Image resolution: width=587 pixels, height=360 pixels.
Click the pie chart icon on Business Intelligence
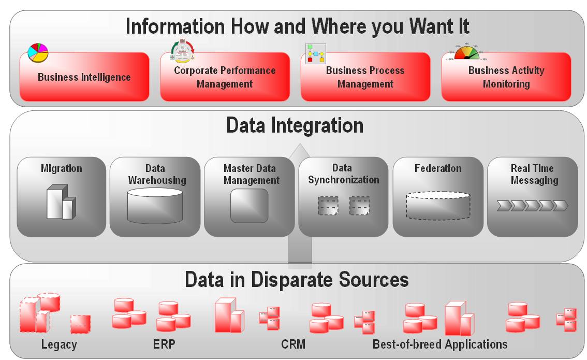37,53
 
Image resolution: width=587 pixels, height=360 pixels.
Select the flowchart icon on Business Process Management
315,53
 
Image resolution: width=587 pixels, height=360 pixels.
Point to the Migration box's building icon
61,203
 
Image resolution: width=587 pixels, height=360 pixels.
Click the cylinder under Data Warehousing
155,206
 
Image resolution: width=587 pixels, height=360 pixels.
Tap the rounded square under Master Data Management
249,206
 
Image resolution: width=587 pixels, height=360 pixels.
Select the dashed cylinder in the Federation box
437,206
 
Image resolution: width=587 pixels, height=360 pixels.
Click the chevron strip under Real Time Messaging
532,206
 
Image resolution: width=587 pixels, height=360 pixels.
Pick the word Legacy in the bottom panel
59,344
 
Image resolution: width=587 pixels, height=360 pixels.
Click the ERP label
164,344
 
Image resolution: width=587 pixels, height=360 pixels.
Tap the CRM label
293,344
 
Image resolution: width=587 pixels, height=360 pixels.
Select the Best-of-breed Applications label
440,344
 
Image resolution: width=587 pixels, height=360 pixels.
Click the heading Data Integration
295,125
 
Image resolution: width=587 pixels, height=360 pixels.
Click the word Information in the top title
179,27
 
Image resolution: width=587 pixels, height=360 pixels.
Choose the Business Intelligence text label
84,77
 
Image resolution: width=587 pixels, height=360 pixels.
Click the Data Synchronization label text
343,174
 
